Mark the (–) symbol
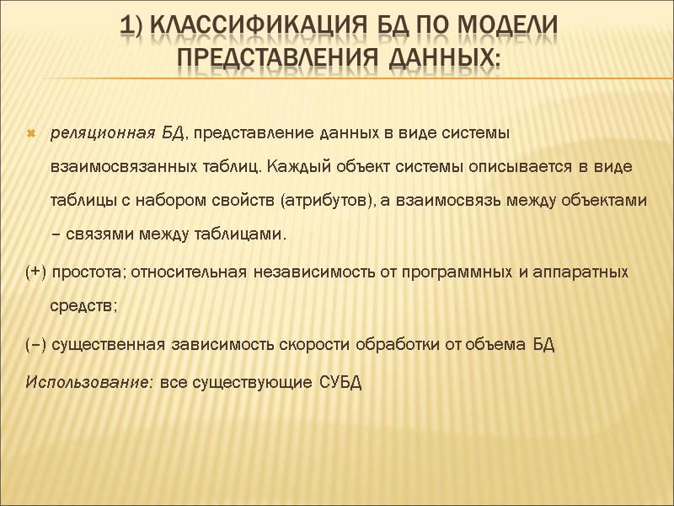coord(37,345)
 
